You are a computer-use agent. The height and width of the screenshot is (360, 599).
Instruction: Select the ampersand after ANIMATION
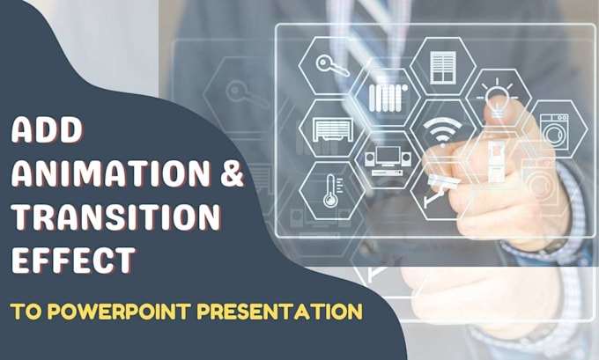coord(230,175)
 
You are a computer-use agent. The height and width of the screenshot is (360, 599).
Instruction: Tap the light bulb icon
coord(498,95)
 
